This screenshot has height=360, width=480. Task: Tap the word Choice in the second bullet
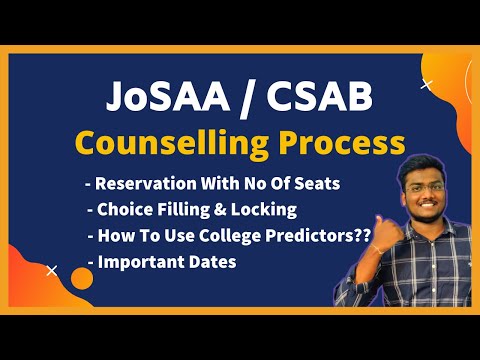(122, 210)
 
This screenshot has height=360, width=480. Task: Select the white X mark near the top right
(427, 84)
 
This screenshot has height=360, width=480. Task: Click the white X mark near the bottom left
(52, 268)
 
